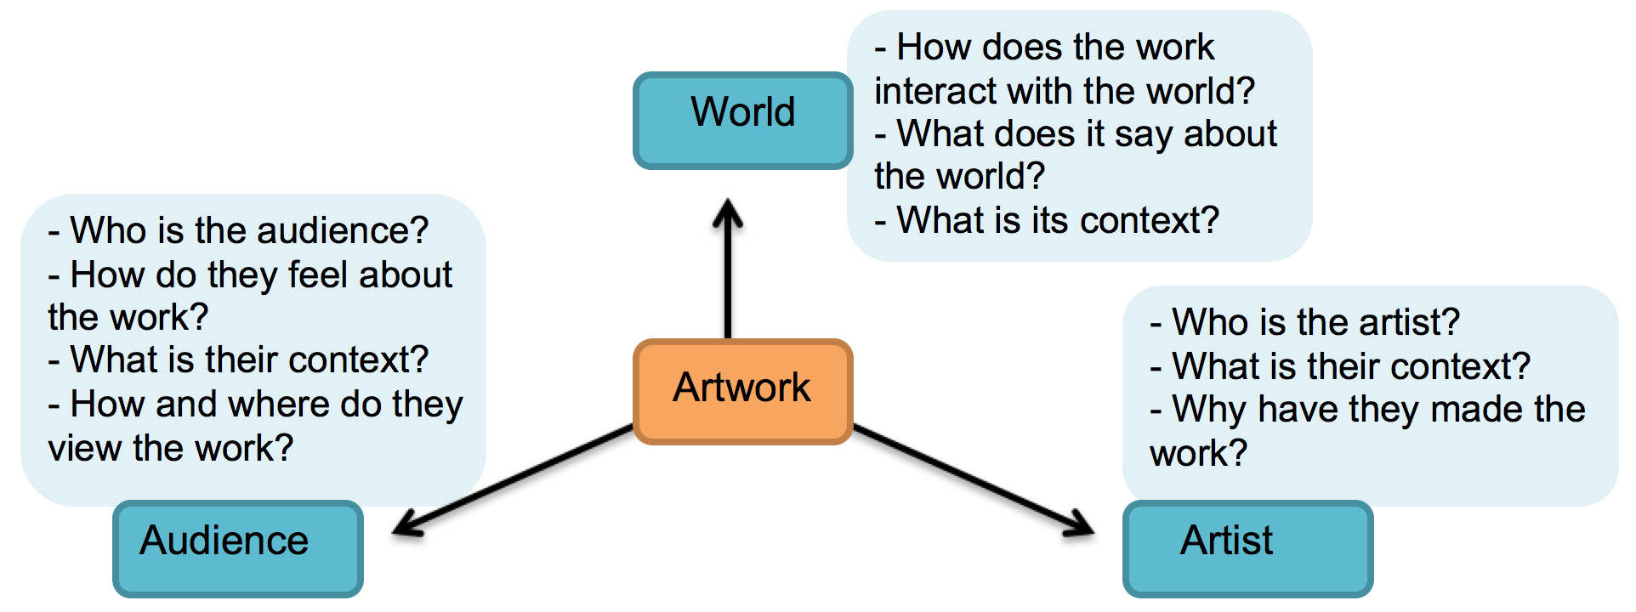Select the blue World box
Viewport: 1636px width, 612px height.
point(742,119)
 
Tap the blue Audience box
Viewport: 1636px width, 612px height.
point(238,548)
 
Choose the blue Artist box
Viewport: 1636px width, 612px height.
point(1247,548)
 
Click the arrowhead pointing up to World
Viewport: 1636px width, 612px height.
point(728,212)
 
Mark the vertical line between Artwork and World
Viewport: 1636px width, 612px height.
point(728,280)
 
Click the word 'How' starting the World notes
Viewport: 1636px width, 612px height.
point(934,48)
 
